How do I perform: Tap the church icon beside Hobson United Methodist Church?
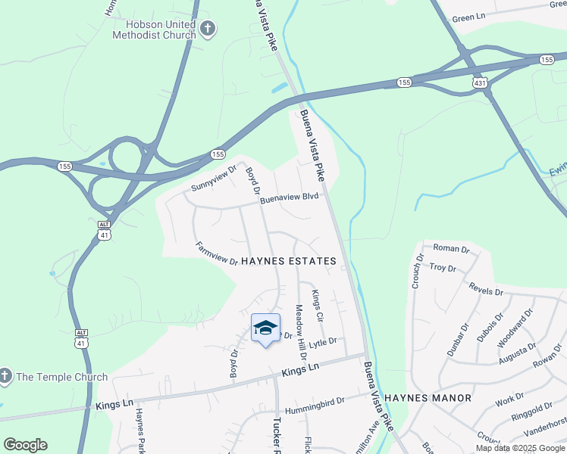(208, 30)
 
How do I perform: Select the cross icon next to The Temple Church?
(5, 376)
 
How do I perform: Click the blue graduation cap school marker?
(265, 328)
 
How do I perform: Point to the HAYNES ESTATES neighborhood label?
(288, 261)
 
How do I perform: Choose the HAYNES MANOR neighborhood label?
(428, 397)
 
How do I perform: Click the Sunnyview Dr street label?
(215, 176)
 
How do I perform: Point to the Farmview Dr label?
(217, 253)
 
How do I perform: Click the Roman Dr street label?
(451, 248)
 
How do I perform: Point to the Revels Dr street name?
(486, 291)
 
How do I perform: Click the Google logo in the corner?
(25, 445)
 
